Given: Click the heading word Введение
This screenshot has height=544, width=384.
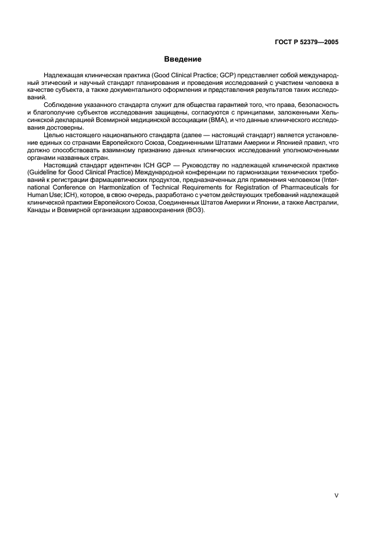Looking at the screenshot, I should pyautogui.click(x=182, y=59).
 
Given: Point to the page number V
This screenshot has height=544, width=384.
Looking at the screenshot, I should pyautogui.click(x=337, y=496).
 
